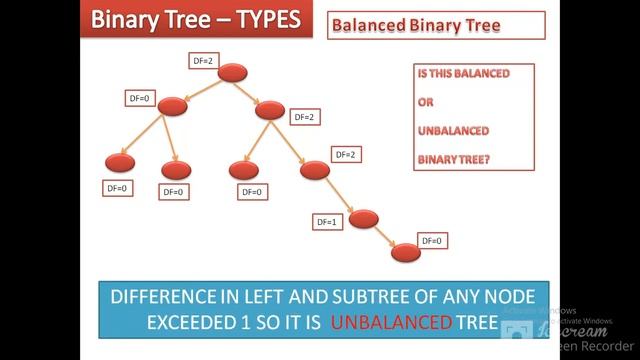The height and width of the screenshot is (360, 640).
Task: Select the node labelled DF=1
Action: click(x=364, y=218)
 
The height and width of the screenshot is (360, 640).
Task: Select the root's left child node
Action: click(x=172, y=106)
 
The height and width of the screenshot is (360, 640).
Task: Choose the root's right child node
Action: click(x=271, y=110)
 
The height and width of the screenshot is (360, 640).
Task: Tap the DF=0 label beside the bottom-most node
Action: click(x=431, y=241)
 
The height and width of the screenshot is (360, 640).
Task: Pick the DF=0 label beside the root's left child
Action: click(x=139, y=97)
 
